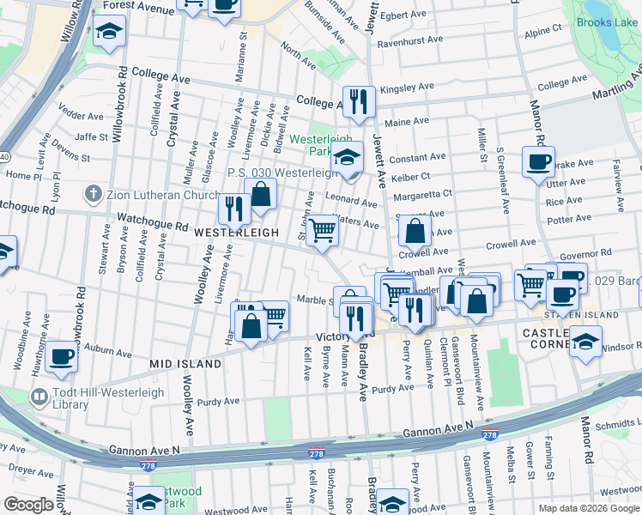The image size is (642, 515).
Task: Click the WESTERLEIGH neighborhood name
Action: pos(236,233)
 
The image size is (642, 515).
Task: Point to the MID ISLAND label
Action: pos(185,364)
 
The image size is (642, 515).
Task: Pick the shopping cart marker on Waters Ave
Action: pos(322,229)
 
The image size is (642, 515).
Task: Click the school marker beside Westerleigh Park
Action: pos(347,157)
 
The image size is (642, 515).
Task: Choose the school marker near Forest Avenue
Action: pos(108,33)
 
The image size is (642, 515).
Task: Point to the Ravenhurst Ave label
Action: pos(409,39)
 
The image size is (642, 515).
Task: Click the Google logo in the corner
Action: pos(28,505)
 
